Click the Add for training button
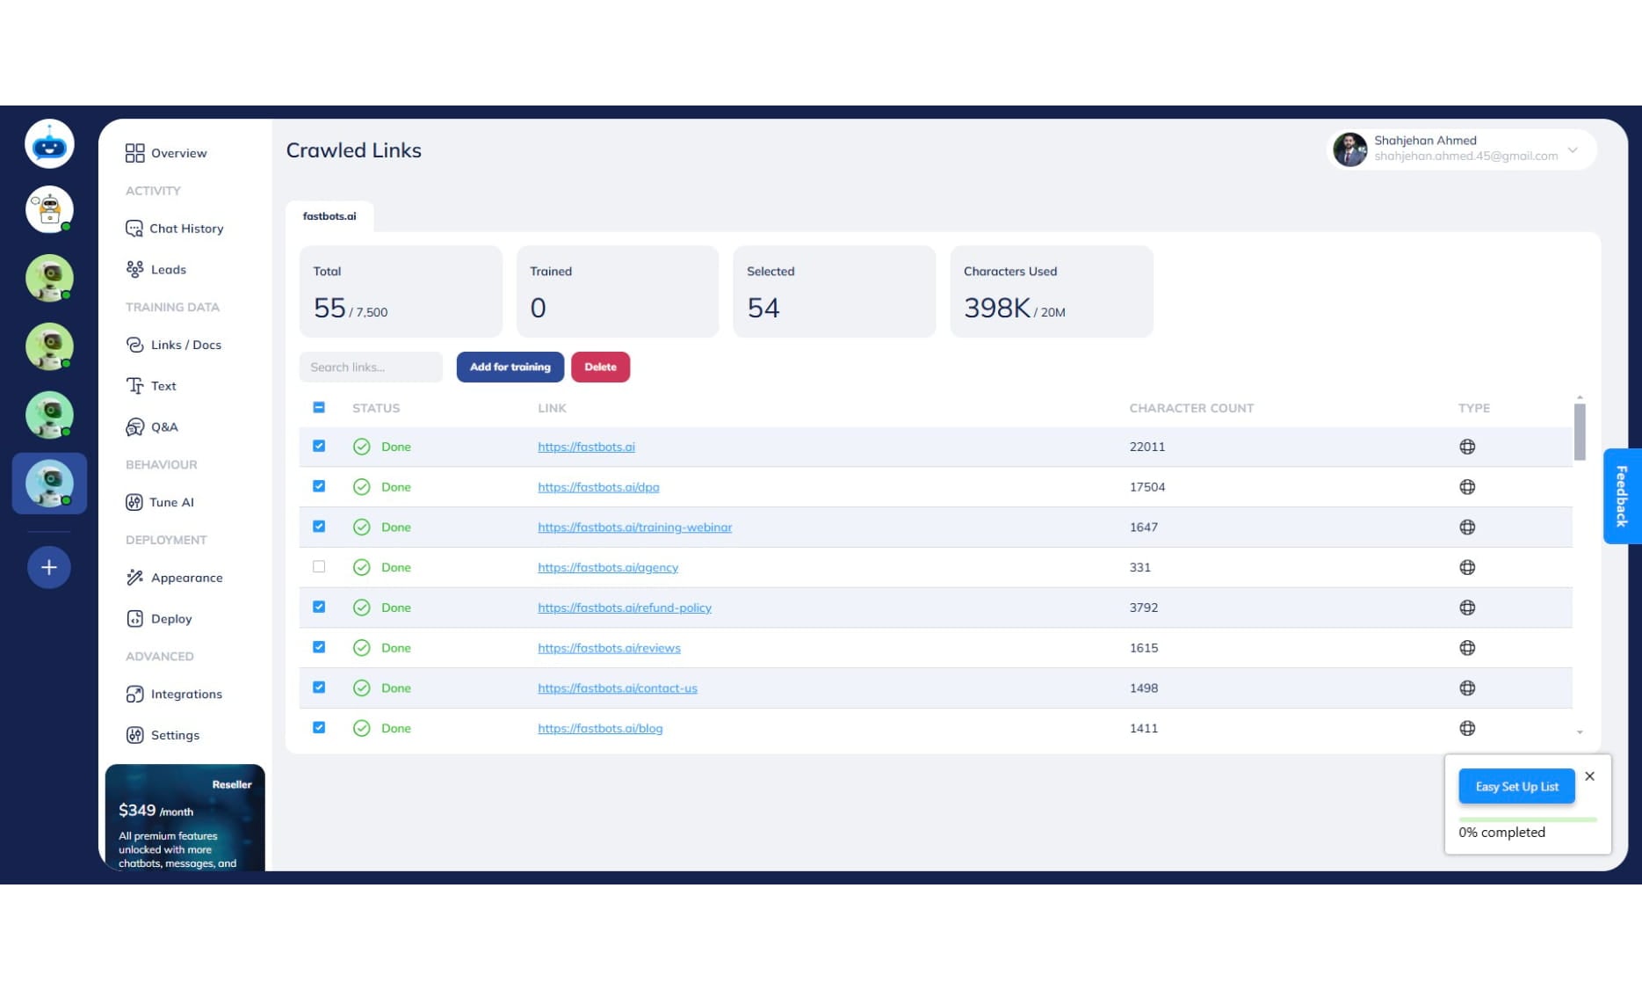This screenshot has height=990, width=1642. click(x=510, y=367)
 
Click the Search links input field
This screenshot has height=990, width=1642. click(x=371, y=367)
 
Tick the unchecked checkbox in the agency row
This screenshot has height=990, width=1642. click(x=319, y=567)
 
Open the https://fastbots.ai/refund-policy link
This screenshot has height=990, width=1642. click(x=624, y=608)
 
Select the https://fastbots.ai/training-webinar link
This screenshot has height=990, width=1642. click(x=634, y=528)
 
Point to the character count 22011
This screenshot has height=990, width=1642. click(x=1147, y=447)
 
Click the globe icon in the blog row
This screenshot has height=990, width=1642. click(x=1466, y=728)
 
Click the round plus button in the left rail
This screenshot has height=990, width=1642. click(x=49, y=567)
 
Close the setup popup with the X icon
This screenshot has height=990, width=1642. click(x=1589, y=776)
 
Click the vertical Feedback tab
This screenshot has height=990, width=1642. click(x=1621, y=496)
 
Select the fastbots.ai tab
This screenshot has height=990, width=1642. click(x=329, y=216)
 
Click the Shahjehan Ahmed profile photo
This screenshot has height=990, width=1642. click(x=1349, y=149)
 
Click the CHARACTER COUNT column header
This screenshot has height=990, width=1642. click(x=1190, y=408)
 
